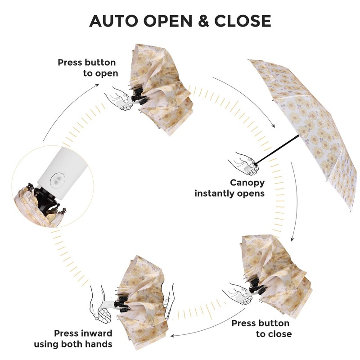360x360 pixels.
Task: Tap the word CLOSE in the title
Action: pyautogui.click(x=243, y=21)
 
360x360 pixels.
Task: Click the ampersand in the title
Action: pyautogui.click(x=201, y=21)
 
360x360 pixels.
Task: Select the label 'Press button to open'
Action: pyautogui.click(x=87, y=67)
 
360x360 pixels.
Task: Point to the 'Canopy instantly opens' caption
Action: pyautogui.click(x=229, y=188)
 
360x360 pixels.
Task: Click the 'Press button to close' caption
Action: pyautogui.click(x=261, y=328)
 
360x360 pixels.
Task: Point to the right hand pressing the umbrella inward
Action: pyautogui.click(x=168, y=301)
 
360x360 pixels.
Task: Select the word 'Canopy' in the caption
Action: pyautogui.click(x=247, y=183)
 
